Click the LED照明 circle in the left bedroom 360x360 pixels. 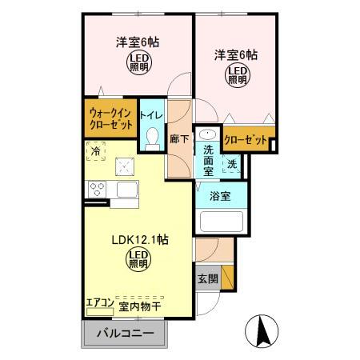pos(140,63)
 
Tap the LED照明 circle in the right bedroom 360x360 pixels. pos(237,74)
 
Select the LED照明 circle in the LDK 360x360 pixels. pos(138,258)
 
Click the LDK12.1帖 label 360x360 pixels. pos(138,238)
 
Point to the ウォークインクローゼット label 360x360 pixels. pos(110,118)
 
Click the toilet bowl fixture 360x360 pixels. pos(151,140)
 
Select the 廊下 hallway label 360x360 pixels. pos(180,138)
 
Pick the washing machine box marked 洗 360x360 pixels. pos(231,165)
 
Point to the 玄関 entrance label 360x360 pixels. pos(206,279)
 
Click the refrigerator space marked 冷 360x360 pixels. pos(97,150)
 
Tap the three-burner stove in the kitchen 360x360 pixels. pos(97,190)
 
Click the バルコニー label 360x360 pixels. pos(123,333)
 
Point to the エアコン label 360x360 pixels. pos(100,304)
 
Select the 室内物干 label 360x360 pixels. pos(140,306)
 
